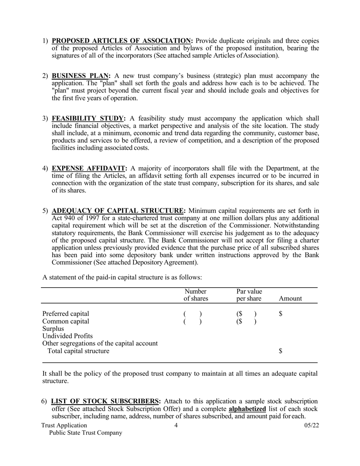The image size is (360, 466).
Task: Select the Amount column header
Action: [x=290, y=299]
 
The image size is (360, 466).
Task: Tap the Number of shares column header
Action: [x=196, y=295]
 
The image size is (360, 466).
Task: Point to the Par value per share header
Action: [x=249, y=295]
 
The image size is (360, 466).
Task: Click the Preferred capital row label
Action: [x=66, y=314]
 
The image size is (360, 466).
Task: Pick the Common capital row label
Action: [x=66, y=321]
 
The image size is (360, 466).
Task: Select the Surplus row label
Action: [x=53, y=328]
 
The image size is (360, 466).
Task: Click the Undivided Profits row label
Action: [x=67, y=336]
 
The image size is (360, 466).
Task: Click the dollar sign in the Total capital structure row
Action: [x=281, y=351]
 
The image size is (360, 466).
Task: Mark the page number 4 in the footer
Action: [x=176, y=425]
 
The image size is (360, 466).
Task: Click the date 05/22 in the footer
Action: [x=311, y=425]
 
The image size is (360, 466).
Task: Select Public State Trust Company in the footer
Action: [x=86, y=433]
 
